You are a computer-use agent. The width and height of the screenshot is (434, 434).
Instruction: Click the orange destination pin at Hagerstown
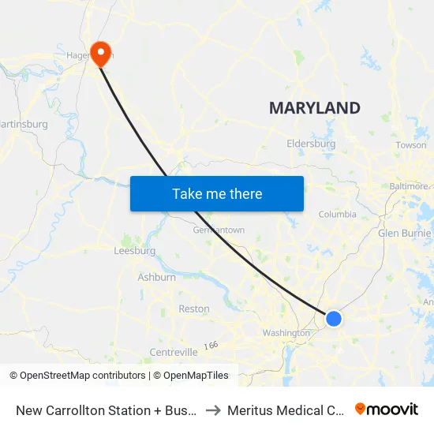pos(101,52)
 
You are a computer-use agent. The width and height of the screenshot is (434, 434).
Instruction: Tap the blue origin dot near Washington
pos(334,319)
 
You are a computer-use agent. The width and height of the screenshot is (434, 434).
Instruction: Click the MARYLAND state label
pos(314,108)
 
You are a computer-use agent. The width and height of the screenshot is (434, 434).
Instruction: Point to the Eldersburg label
pos(311,144)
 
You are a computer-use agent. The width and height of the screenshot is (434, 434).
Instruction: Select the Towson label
pos(410,145)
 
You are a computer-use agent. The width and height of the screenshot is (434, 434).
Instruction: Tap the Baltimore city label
pos(410,186)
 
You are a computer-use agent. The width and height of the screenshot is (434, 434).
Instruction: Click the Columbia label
pos(337,214)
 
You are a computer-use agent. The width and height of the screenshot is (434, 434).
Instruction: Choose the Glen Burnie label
pos(406,234)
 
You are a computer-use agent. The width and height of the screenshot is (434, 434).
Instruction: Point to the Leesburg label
pos(134,251)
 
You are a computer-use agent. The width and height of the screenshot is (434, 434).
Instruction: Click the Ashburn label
pos(156,277)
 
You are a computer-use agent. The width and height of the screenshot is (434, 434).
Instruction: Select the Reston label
pos(194,309)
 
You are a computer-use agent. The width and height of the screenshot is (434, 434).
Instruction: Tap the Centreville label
pos(173,351)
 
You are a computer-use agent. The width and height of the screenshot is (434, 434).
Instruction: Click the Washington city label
pos(286,333)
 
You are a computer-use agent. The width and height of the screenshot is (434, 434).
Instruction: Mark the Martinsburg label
pos(24,124)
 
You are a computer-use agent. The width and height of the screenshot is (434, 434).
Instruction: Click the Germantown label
pos(219,230)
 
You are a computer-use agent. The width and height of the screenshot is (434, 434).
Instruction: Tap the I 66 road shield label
pos(211,345)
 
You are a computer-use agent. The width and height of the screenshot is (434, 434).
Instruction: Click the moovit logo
pos(387,410)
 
